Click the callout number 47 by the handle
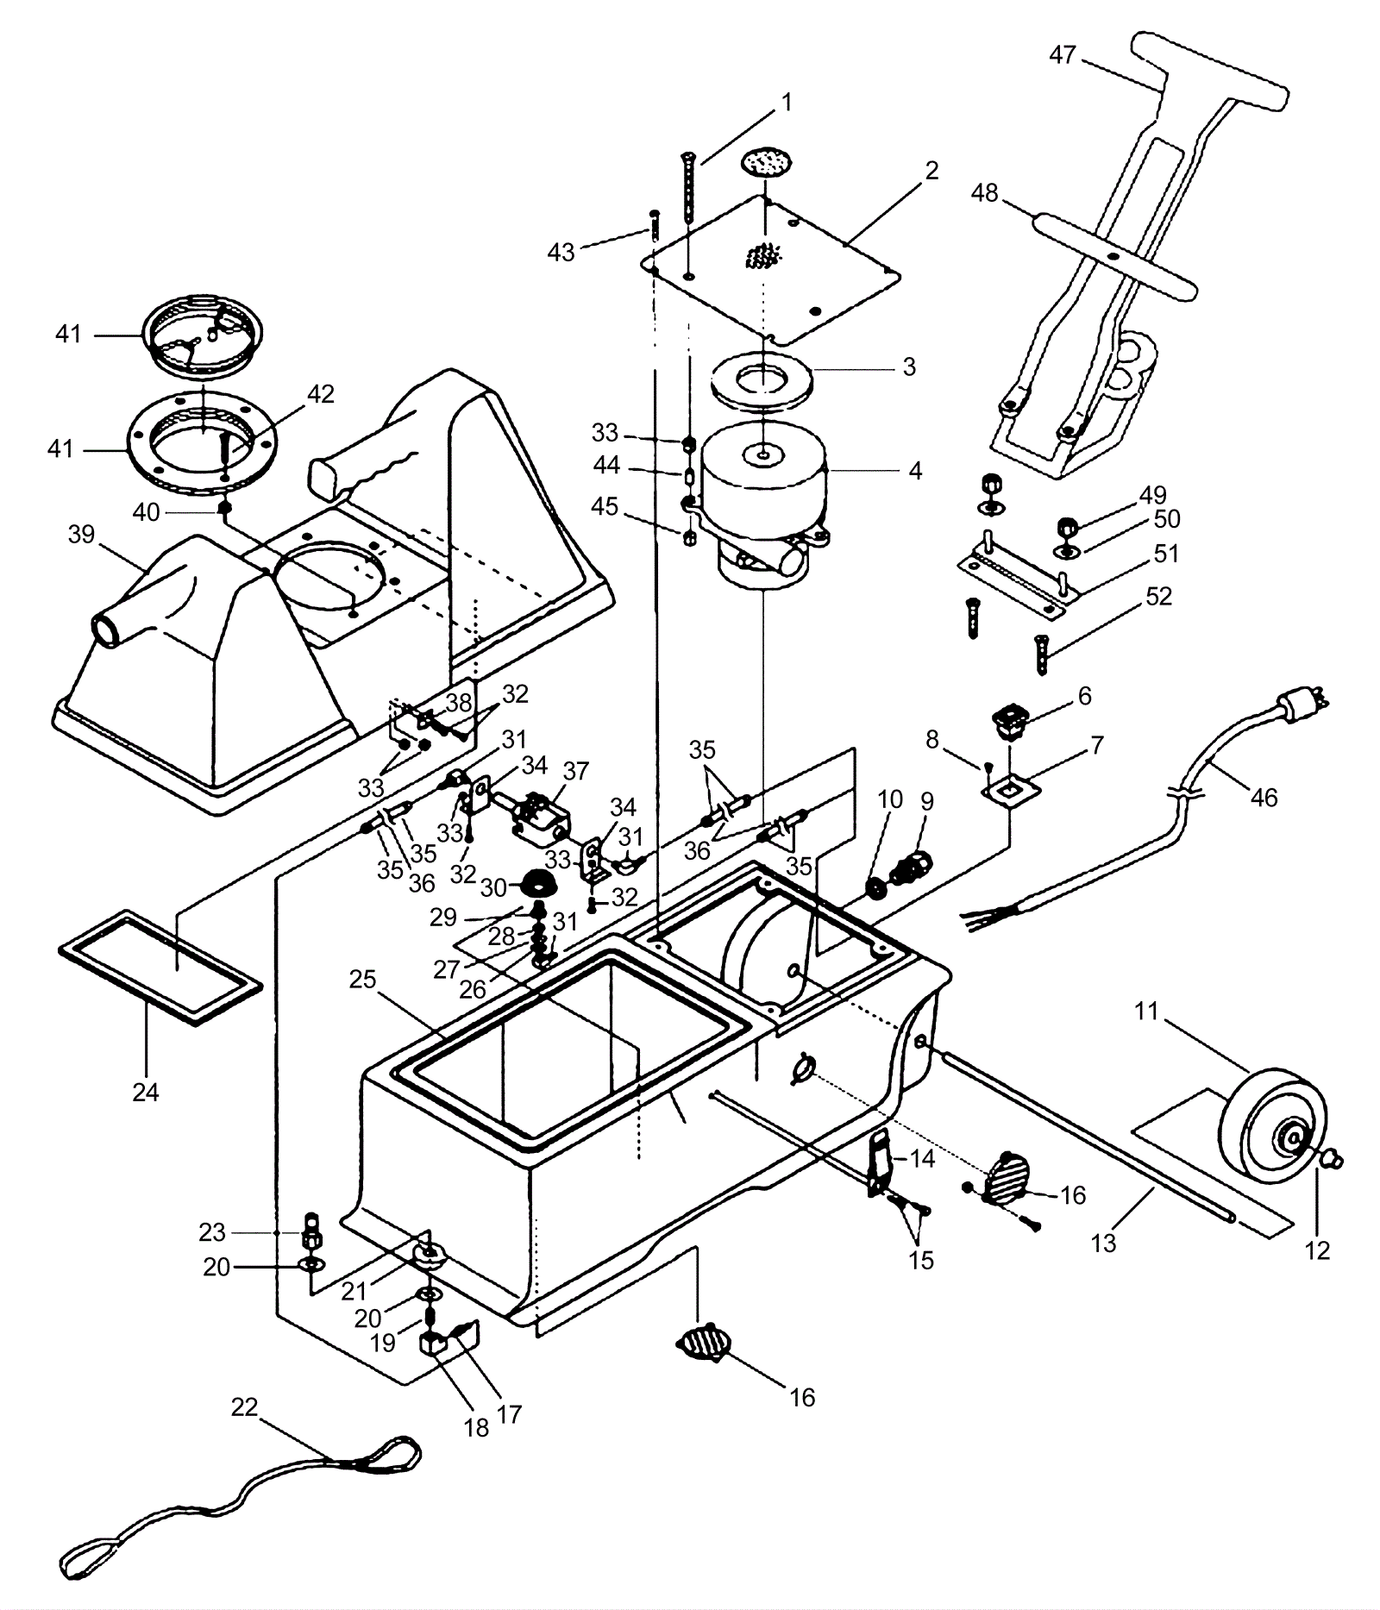click(1063, 54)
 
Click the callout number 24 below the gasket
click(145, 1092)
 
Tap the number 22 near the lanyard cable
click(244, 1407)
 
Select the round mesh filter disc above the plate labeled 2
click(766, 161)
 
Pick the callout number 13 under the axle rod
click(1103, 1243)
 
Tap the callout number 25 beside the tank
click(363, 980)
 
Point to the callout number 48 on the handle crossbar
click(984, 192)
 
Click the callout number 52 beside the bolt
click(1158, 596)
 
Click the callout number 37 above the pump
click(575, 771)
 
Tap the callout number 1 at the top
click(786, 103)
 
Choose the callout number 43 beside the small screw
click(561, 253)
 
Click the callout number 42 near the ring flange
click(320, 393)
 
